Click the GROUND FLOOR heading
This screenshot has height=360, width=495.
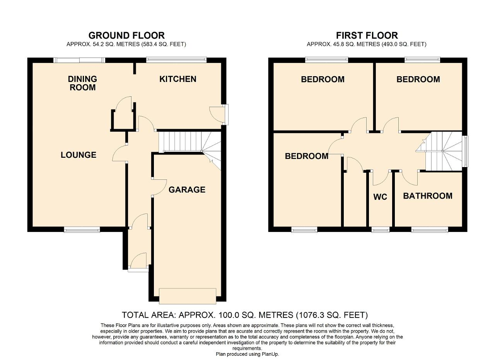(x=126, y=36)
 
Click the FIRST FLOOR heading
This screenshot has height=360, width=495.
(x=367, y=36)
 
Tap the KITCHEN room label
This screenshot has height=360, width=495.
(x=178, y=79)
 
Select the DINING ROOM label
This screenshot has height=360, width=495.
(x=82, y=83)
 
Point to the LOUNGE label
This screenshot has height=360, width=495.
(x=79, y=155)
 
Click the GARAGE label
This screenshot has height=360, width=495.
(x=187, y=189)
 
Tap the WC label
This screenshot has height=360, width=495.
(x=380, y=197)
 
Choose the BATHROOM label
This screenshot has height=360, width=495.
(x=427, y=196)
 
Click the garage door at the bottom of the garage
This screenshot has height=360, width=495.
(x=188, y=296)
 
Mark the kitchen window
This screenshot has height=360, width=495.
(x=176, y=60)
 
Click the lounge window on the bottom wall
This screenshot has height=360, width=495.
(x=82, y=230)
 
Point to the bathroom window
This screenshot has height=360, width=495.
(x=430, y=230)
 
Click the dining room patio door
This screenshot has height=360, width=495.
(x=79, y=60)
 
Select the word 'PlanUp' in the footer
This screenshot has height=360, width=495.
(x=269, y=354)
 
